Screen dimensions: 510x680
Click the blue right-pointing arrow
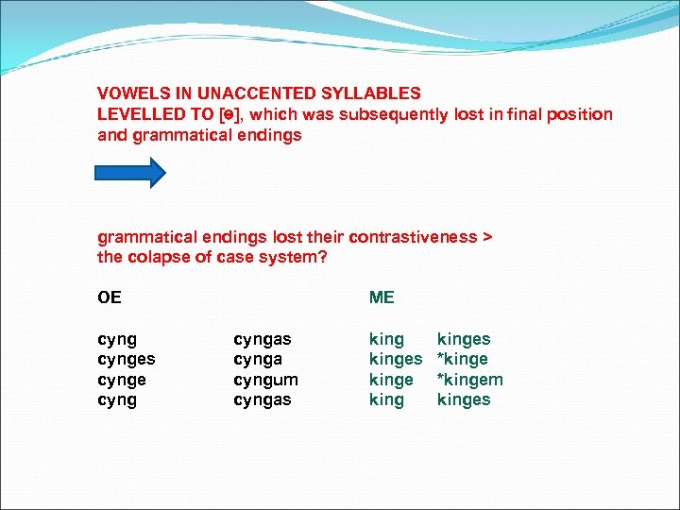pyautogui.click(x=131, y=173)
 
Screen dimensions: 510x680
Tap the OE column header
pyautogui.click(x=110, y=297)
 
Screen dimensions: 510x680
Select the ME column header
pyautogui.click(x=382, y=297)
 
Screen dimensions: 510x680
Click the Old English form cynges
pyautogui.click(x=127, y=359)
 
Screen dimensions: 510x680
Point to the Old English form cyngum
pyautogui.click(x=265, y=380)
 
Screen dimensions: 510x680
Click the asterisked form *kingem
pyautogui.click(x=469, y=380)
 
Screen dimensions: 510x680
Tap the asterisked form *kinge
pyautogui.click(x=462, y=359)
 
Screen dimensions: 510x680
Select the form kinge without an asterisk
pyautogui.click(x=391, y=380)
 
